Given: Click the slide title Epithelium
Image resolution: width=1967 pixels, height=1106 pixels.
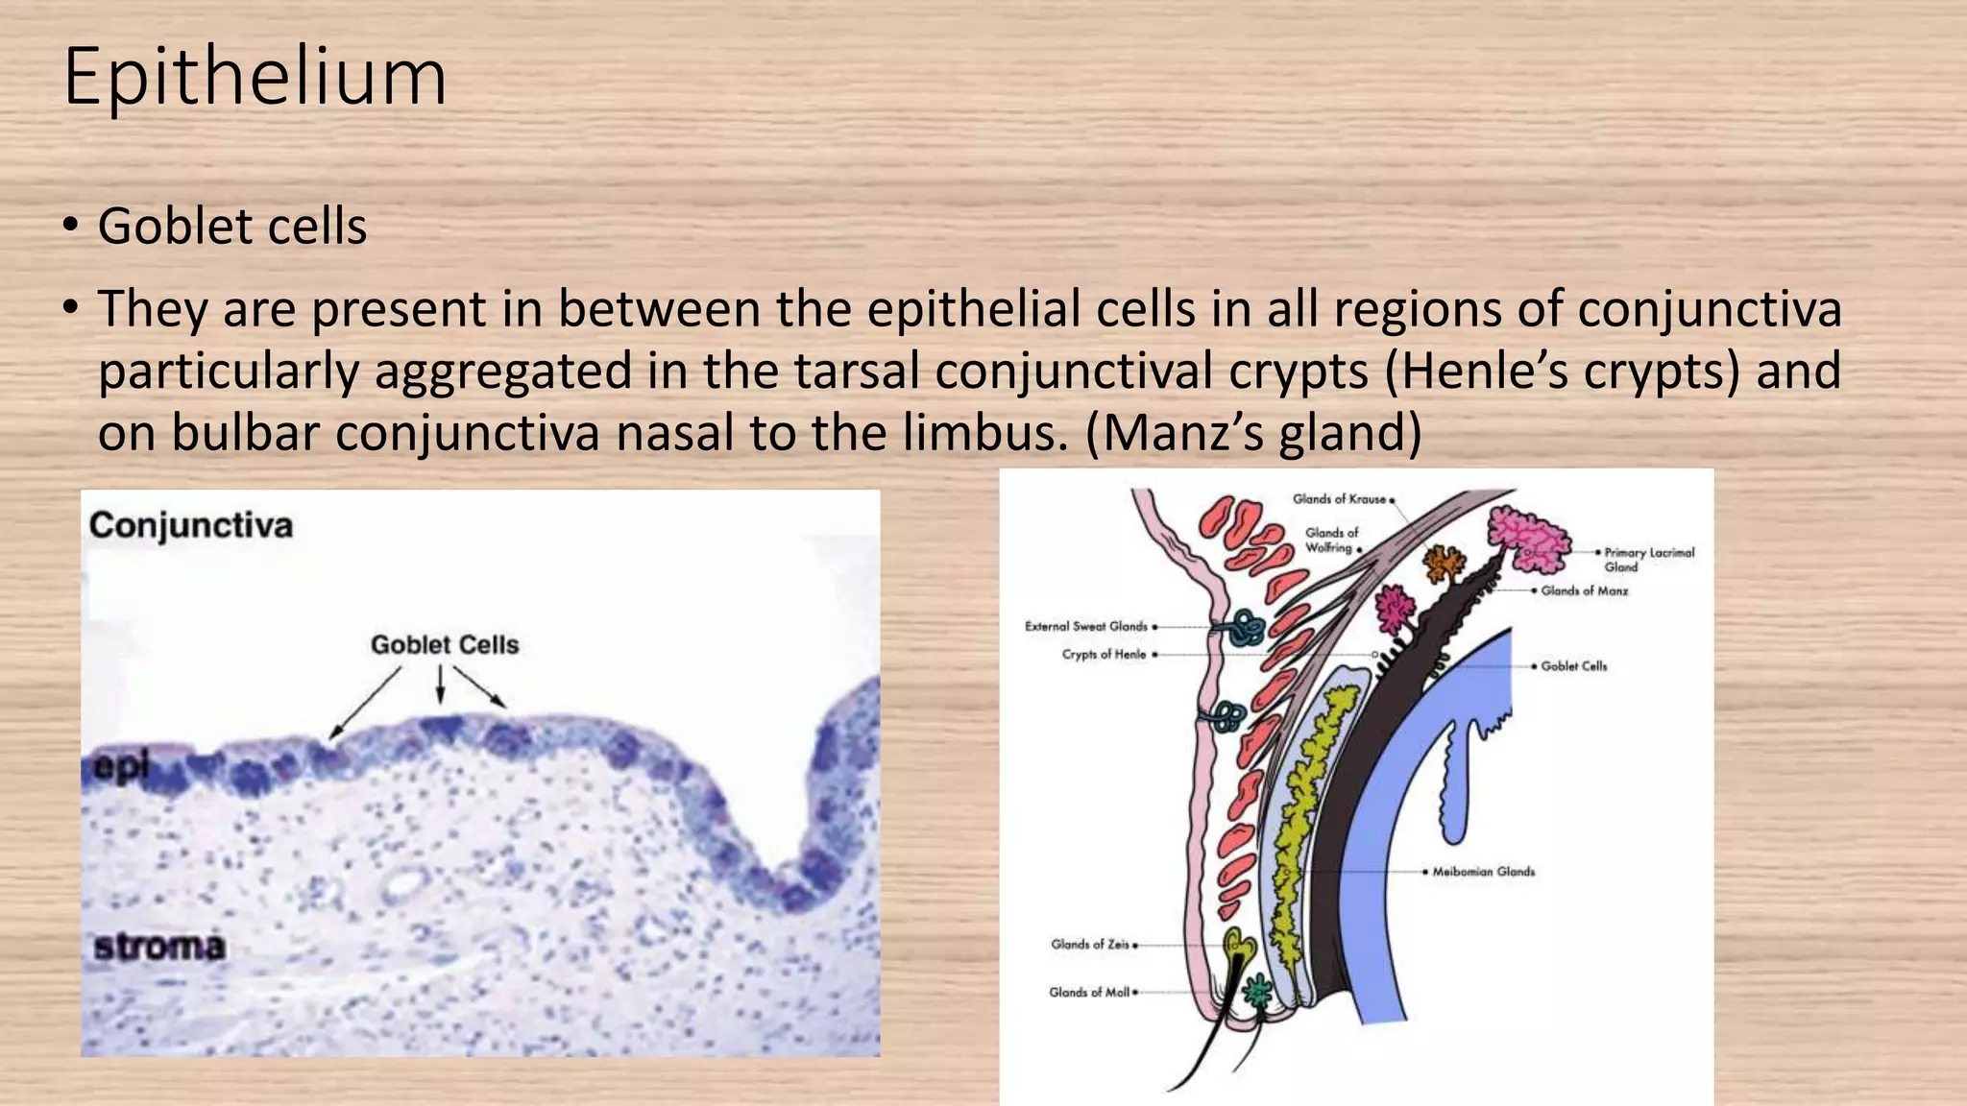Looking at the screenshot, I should click(255, 77).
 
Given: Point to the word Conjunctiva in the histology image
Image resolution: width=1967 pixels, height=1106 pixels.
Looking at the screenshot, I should click(191, 525).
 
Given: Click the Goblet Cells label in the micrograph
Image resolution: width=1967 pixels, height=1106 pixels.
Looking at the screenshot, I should click(445, 645).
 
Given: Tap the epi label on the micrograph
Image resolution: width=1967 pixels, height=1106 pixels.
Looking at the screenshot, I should click(121, 766).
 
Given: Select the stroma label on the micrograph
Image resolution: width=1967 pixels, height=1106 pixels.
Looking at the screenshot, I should click(159, 947).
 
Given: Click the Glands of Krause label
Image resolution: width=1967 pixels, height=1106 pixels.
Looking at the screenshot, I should click(1339, 499).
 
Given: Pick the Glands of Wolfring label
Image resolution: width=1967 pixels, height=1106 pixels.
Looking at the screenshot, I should click(1331, 540).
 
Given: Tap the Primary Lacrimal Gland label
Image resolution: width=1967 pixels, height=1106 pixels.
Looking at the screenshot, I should click(1648, 559).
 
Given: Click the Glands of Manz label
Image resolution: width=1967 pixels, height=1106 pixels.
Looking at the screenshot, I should click(1584, 591).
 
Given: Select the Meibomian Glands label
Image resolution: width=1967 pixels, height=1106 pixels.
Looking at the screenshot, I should click(1483, 872).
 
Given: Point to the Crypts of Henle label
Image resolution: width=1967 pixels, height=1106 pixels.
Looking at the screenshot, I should click(1104, 655).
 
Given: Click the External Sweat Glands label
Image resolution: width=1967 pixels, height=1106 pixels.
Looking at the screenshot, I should click(1086, 627).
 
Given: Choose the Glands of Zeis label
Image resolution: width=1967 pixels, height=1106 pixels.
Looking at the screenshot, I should click(1090, 945).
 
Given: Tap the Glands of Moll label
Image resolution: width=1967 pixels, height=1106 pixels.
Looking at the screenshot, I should click(1089, 993).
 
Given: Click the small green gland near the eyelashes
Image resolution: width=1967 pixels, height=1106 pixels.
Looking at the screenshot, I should click(1256, 992).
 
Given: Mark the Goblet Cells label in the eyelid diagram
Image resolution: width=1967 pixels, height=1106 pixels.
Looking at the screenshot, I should click(1573, 666).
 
